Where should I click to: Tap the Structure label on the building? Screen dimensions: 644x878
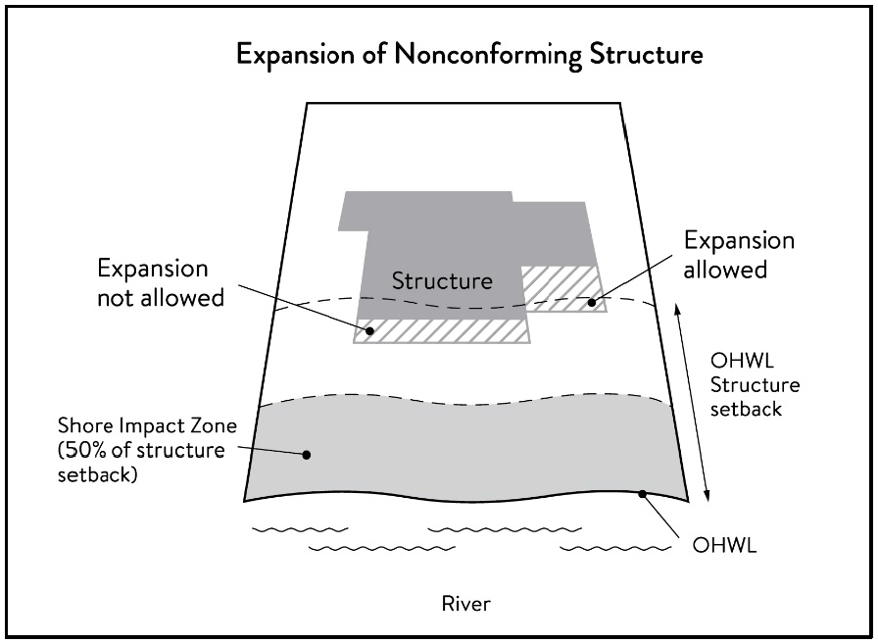pyautogui.click(x=442, y=280)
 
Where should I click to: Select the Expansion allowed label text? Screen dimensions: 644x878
pyautogui.click(x=739, y=255)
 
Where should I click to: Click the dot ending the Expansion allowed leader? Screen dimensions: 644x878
pyautogui.click(x=592, y=303)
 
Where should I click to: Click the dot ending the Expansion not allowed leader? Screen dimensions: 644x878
pyautogui.click(x=370, y=331)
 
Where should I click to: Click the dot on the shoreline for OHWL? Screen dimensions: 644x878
pyautogui.click(x=643, y=494)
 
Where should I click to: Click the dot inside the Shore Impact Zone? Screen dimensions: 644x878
pyautogui.click(x=307, y=454)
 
